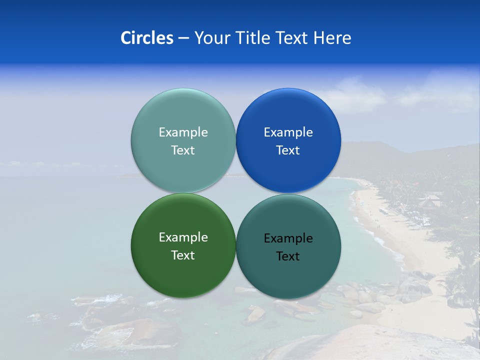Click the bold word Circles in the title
(x=146, y=37)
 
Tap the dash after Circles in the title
(x=183, y=37)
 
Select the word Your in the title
(x=210, y=37)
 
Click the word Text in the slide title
(x=292, y=37)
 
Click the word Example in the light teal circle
(x=183, y=132)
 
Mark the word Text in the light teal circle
(x=183, y=150)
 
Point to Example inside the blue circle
(x=288, y=132)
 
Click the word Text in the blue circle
(x=288, y=150)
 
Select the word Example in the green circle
(x=183, y=237)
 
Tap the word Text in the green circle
(x=183, y=255)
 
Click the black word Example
(x=288, y=238)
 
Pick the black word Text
(x=288, y=256)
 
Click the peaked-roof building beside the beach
(x=430, y=201)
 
